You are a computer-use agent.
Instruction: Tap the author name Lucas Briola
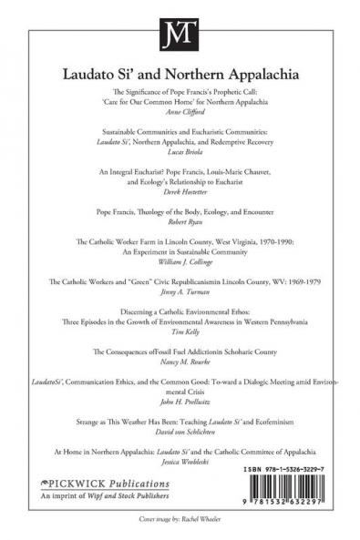pyautogui.click(x=180, y=154)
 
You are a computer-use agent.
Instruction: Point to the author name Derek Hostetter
pyautogui.click(x=180, y=193)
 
